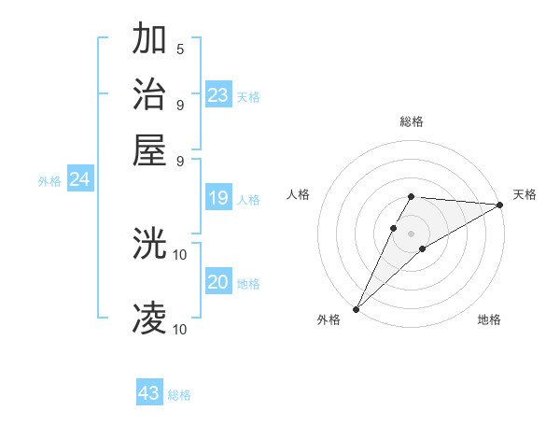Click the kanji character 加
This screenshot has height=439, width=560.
click(150, 39)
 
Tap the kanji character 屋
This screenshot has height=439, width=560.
click(150, 149)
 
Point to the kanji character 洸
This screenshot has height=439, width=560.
click(150, 245)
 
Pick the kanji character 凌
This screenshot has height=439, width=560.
click(150, 319)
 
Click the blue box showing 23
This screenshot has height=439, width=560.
click(218, 95)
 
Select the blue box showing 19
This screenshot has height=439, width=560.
click(218, 198)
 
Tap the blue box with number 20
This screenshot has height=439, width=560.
click(218, 282)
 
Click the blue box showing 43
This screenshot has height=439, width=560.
click(149, 393)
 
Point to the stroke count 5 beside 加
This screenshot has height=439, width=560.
click(180, 49)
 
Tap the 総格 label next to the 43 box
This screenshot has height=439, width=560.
click(180, 395)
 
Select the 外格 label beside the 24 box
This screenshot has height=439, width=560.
click(49, 182)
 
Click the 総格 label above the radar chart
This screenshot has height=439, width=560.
click(411, 121)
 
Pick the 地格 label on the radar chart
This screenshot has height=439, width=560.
click(489, 320)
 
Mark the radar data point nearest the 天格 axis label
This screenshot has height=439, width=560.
click(500, 205)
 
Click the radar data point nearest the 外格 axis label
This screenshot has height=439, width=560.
click(356, 308)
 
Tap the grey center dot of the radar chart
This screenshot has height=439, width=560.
click(411, 234)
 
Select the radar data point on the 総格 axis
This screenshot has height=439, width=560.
click(411, 196)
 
